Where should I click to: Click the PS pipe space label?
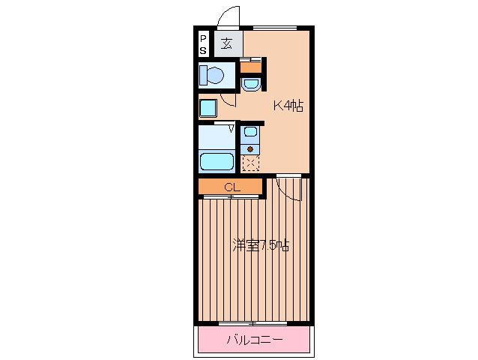pyautogui.click(x=203, y=44)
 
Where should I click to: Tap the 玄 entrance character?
pyautogui.click(x=227, y=43)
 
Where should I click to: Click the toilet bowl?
pyautogui.click(x=215, y=75)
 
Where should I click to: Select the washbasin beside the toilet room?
pyautogui.click(x=250, y=85)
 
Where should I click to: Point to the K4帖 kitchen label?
pyautogui.click(x=288, y=106)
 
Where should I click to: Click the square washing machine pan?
pyautogui.click(x=208, y=108)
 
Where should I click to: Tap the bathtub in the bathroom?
pyautogui.click(x=217, y=161)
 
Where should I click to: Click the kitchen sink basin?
pyautogui.click(x=250, y=131)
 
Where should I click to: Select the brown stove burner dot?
pyautogui.click(x=250, y=149)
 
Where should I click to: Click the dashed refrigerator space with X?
pyautogui.click(x=250, y=163)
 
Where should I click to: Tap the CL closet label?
pyautogui.click(x=232, y=187)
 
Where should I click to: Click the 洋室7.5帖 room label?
pyautogui.click(x=261, y=244)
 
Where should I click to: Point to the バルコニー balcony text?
pyautogui.click(x=255, y=339)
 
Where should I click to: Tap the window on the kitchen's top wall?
pyautogui.click(x=275, y=28)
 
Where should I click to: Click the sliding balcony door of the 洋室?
pyautogui.click(x=252, y=323)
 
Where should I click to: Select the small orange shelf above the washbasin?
pyautogui.click(x=251, y=67)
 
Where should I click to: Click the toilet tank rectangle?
pyautogui.click(x=203, y=75)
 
